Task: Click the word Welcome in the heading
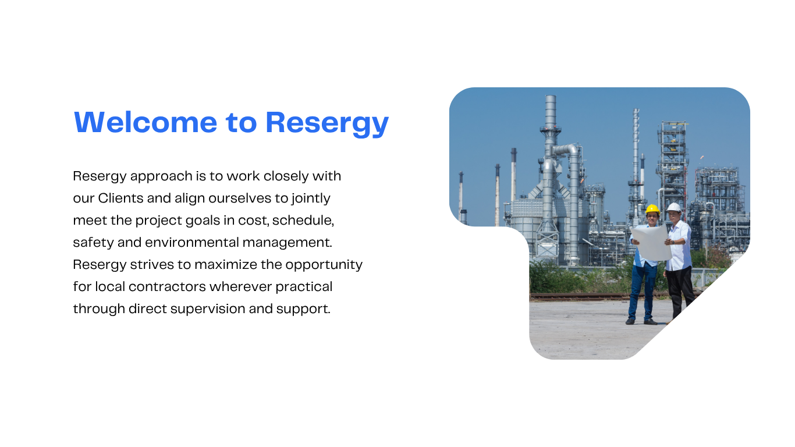(145, 122)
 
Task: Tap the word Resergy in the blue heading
(327, 123)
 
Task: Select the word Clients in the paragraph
(120, 198)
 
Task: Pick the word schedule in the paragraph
(303, 221)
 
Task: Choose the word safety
(93, 243)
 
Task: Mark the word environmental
(192, 243)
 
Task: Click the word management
(288, 243)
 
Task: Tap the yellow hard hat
(652, 209)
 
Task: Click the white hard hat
(673, 207)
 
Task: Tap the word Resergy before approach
(100, 176)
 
